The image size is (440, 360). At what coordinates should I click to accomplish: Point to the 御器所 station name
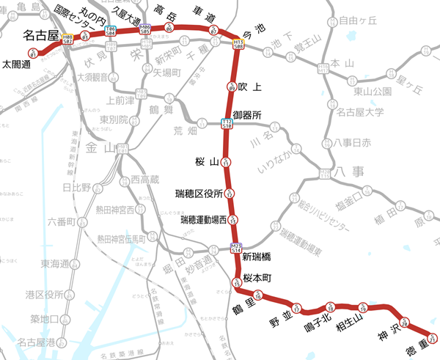[x=247, y=115]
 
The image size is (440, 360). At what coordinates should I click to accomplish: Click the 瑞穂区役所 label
[x=199, y=194]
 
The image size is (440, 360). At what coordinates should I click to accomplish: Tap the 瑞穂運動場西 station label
[x=203, y=219]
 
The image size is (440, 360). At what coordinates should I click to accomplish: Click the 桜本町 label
[x=257, y=278]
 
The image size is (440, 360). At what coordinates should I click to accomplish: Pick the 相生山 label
[x=350, y=317]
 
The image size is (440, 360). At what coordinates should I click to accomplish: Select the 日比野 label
[x=76, y=188]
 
